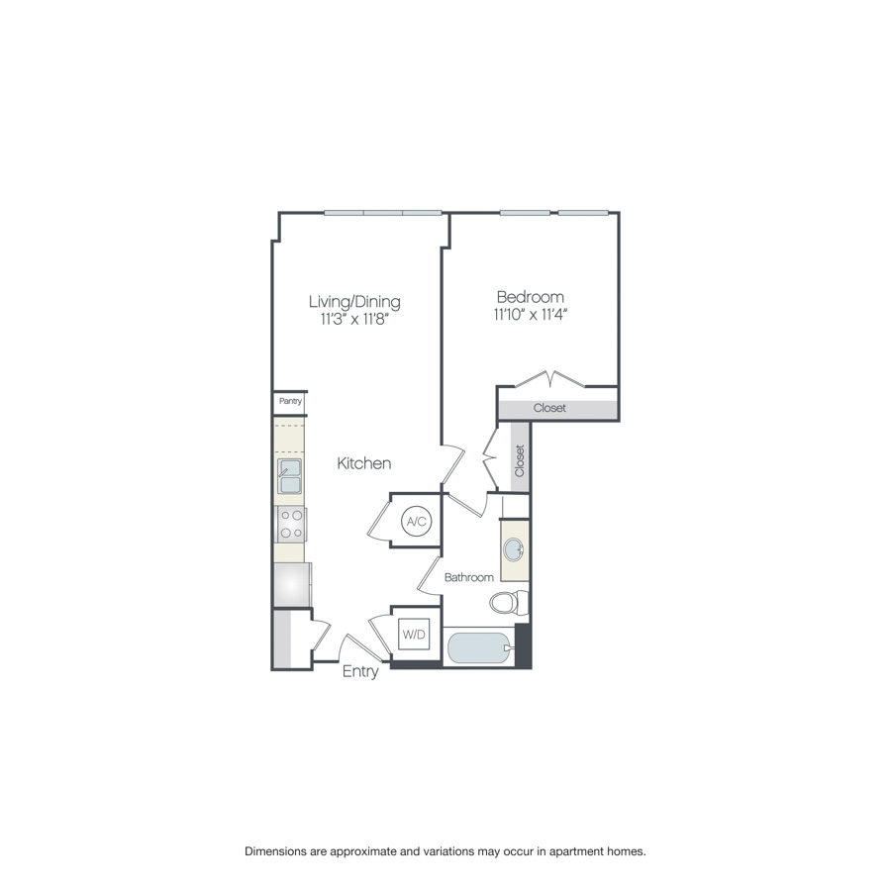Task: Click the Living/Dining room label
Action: tap(354, 301)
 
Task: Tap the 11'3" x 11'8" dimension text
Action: tap(354, 320)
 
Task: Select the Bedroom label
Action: tap(531, 296)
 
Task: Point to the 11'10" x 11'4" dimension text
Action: tap(531, 315)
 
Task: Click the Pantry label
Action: tap(290, 402)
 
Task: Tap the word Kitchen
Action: tap(364, 463)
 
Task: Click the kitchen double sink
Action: tap(290, 476)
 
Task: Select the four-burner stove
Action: tap(291, 524)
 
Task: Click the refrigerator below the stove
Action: tap(292, 585)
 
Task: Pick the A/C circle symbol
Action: tap(415, 521)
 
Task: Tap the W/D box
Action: tap(414, 634)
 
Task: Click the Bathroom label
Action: tap(468, 577)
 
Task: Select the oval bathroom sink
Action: tap(514, 550)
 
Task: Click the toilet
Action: tap(510, 602)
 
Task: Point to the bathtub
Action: tap(479, 649)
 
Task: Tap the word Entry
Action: tap(360, 672)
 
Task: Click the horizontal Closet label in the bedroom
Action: tap(550, 408)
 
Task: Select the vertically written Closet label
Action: tap(520, 460)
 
